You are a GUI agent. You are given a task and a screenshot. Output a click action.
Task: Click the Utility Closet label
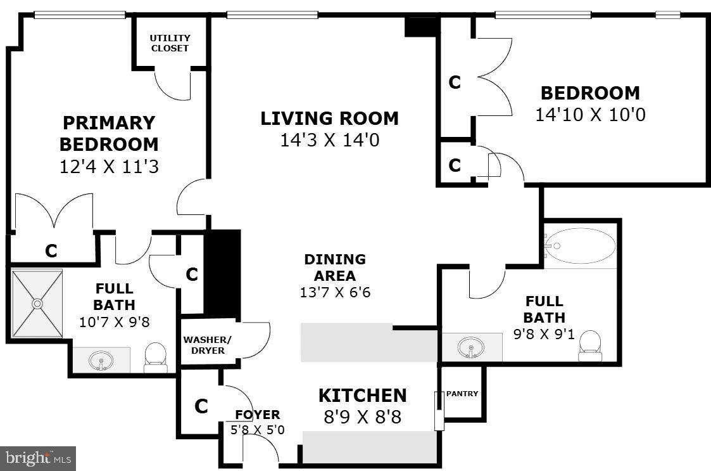pyautogui.click(x=169, y=43)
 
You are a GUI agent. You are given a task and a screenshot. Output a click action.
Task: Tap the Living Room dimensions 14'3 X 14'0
pyautogui.click(x=329, y=140)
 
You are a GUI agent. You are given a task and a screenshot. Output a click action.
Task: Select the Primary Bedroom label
pyautogui.click(x=108, y=133)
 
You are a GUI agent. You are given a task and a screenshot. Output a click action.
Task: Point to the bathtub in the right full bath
pyautogui.click(x=581, y=246)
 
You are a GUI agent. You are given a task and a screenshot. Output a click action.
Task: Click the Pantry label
pyautogui.click(x=462, y=394)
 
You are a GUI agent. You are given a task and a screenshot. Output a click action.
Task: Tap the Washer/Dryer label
pyautogui.click(x=208, y=345)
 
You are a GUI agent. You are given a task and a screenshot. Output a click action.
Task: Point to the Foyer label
pyautogui.click(x=257, y=415)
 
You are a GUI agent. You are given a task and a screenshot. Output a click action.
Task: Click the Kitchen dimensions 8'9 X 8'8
pyautogui.click(x=362, y=418)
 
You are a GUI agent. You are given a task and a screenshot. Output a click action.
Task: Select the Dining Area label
pyautogui.click(x=334, y=268)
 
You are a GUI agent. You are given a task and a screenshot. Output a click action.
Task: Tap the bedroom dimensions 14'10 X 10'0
pyautogui.click(x=589, y=115)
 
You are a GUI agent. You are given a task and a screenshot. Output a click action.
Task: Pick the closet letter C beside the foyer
pyautogui.click(x=201, y=406)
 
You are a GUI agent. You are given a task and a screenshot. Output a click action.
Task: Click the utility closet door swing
pyautogui.click(x=173, y=86)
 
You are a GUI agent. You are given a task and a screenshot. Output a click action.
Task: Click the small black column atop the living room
pyautogui.click(x=422, y=27)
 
